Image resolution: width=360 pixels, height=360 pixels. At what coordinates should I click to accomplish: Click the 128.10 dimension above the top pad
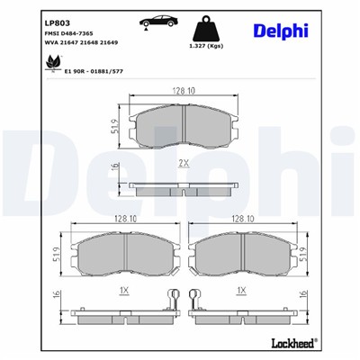(184, 89)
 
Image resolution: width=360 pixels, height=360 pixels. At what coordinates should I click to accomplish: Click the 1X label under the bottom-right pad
(240, 291)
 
